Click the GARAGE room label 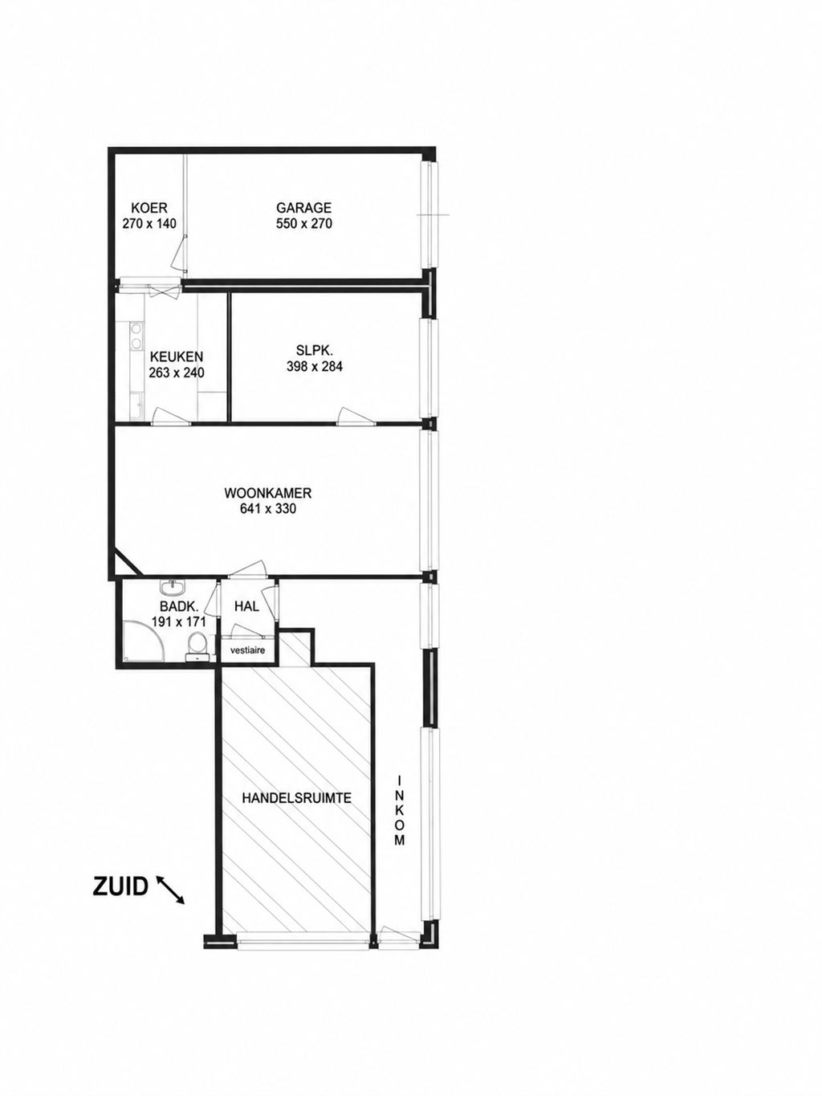coord(303,207)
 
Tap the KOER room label coord(149,207)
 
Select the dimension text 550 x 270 coord(304,223)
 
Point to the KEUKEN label coord(177,357)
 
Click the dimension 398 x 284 coord(315,366)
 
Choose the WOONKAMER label coord(268,493)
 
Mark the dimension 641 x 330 coord(268,509)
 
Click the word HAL coord(246,606)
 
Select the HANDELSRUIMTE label coord(296,798)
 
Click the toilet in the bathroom coord(197,647)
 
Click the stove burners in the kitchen coord(135,336)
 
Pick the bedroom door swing coord(354,416)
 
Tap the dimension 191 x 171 coord(178,621)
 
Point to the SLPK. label coord(315,351)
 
